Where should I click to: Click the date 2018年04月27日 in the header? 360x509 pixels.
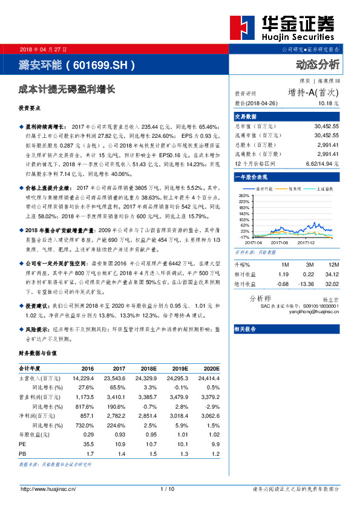44,48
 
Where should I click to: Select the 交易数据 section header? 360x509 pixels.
246,116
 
